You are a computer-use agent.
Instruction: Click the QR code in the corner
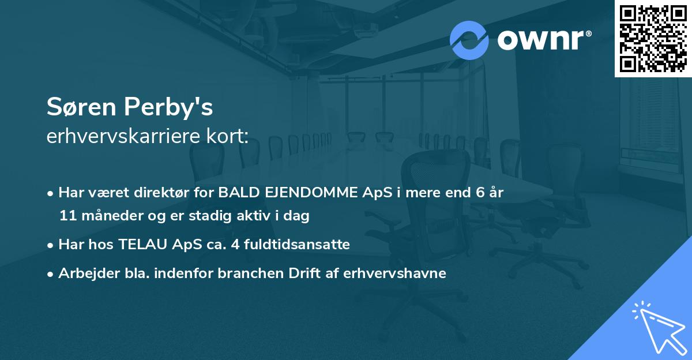653,39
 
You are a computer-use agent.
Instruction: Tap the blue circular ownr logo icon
469,40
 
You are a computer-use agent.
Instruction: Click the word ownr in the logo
540,40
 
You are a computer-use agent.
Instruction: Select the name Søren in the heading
81,107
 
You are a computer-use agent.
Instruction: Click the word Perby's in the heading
168,107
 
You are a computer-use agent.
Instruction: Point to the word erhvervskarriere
123,136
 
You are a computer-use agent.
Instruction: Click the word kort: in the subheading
227,136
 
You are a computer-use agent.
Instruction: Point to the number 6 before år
480,193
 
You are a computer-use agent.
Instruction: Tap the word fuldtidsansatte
297,245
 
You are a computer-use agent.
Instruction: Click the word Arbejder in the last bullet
89,273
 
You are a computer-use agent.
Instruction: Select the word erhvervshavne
394,273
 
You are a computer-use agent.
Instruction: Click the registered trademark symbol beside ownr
588,33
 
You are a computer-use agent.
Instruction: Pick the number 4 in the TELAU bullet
235,245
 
